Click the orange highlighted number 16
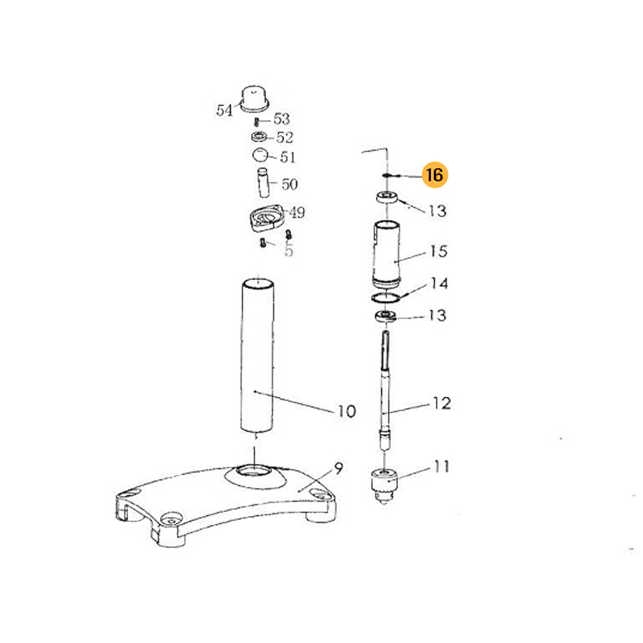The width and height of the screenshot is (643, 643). pos(435,175)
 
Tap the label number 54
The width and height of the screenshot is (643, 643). pos(224,110)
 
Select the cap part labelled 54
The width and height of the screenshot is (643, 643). pos(254,98)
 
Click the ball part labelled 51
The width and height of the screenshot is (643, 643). pos(260,156)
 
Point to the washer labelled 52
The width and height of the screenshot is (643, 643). pos(259,136)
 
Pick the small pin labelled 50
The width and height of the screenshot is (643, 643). pos(263,182)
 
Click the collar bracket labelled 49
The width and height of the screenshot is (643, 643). pos(265,217)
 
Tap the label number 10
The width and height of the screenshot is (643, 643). pos(346,412)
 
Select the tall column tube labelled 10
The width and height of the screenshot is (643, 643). pos(257,355)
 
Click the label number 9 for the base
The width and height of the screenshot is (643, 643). pos(338,469)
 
